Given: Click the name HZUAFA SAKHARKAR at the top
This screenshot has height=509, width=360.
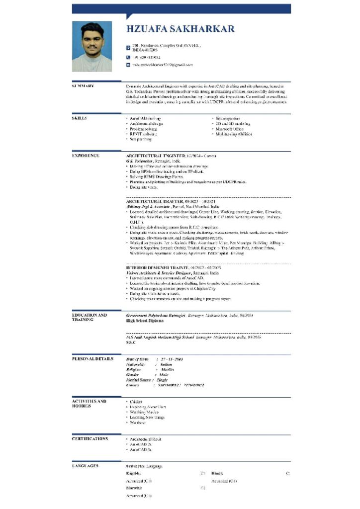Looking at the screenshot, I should click(180, 29).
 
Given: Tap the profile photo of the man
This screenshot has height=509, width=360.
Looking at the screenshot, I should click(92, 46).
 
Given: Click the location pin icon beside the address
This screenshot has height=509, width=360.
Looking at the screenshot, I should click(128, 48).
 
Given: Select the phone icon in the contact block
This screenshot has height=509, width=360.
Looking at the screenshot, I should click(128, 57).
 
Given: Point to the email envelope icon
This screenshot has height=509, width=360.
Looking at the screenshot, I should click(128, 65).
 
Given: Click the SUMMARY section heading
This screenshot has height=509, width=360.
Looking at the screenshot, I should click(83, 86).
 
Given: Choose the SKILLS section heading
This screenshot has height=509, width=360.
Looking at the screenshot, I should click(80, 118).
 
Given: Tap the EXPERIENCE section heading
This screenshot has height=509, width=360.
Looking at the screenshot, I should click(86, 156).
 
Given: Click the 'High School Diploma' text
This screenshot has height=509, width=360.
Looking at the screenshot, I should click(142, 321).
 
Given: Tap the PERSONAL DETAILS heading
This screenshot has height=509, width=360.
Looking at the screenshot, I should click(92, 358).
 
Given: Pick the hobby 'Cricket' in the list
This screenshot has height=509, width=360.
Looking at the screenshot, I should click(136, 402).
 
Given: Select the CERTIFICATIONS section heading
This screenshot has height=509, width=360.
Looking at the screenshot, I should click(90, 439).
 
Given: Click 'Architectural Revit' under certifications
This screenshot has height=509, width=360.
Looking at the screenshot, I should click(145, 439).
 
